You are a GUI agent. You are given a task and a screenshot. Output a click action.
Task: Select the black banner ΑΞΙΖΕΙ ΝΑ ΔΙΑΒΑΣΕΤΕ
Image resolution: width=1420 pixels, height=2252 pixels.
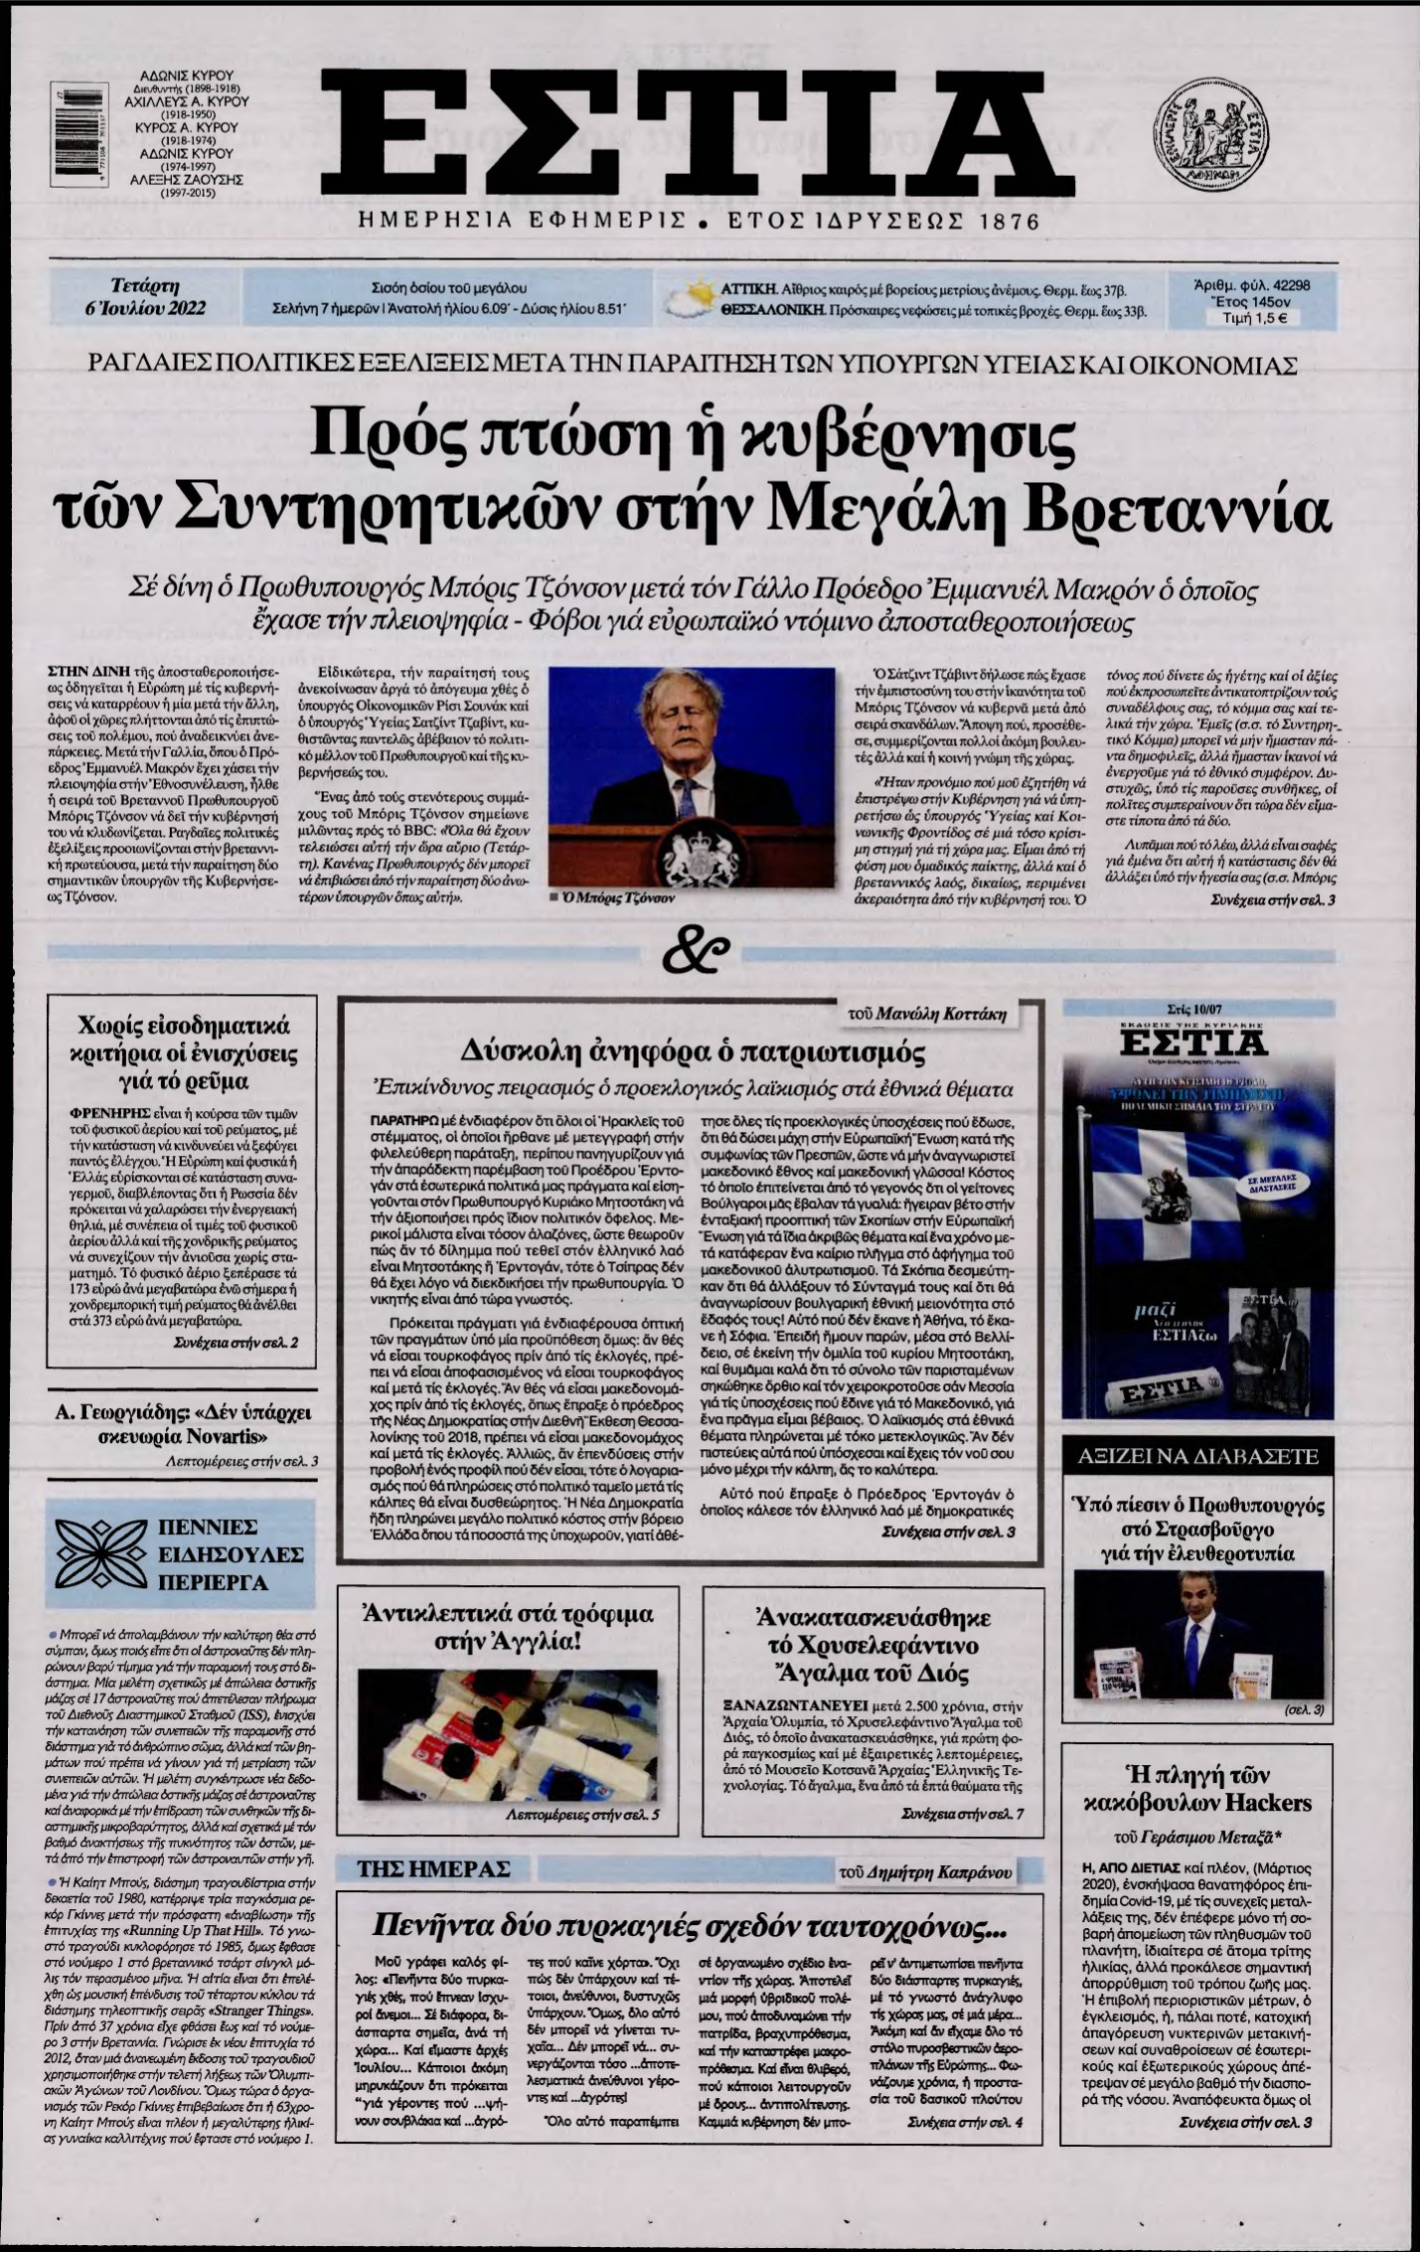point(1193,1457)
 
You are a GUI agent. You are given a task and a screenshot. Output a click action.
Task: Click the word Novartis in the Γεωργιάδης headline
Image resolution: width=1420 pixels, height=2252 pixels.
point(226,1437)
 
